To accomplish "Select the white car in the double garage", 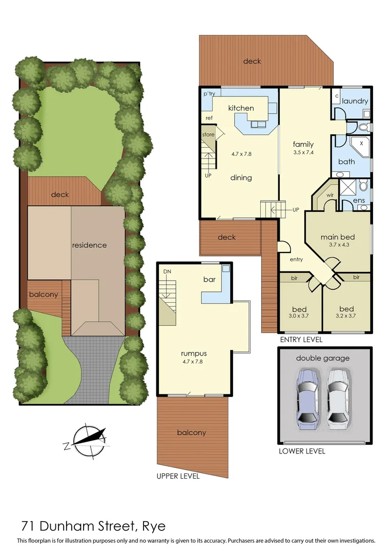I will pyautogui.click(x=338, y=398).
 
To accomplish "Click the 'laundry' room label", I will pyautogui.click(x=355, y=101).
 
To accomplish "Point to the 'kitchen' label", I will pyautogui.click(x=241, y=108).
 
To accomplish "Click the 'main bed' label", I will pyautogui.click(x=338, y=237).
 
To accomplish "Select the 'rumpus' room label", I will pyautogui.click(x=193, y=353).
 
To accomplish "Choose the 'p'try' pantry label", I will pyautogui.click(x=209, y=94).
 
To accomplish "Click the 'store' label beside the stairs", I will pyautogui.click(x=208, y=134).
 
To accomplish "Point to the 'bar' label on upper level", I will pyautogui.click(x=209, y=280).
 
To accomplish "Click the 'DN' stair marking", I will pyautogui.click(x=167, y=271).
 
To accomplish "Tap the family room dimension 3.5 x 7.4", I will pyautogui.click(x=303, y=152).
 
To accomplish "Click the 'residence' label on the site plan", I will pyautogui.click(x=89, y=245).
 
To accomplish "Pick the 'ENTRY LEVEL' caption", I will pyautogui.click(x=301, y=340).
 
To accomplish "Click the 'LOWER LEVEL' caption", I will pyautogui.click(x=301, y=451).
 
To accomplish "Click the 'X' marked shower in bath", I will pyautogui.click(x=362, y=144).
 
